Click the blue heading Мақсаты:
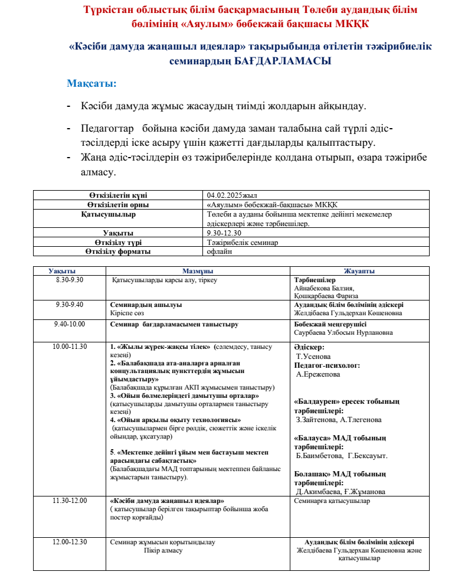tap(91, 83)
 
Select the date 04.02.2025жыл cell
tap(232, 195)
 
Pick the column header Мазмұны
tap(198, 271)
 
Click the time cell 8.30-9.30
tap(70, 280)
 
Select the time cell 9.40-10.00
tap(70, 324)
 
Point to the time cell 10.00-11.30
tap(70, 347)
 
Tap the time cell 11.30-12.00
tap(70, 501)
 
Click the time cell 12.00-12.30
tap(70, 541)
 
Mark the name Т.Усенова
tap(313, 357)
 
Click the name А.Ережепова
tap(318, 374)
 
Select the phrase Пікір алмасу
tap(163, 550)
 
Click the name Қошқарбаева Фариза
tap(326, 296)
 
